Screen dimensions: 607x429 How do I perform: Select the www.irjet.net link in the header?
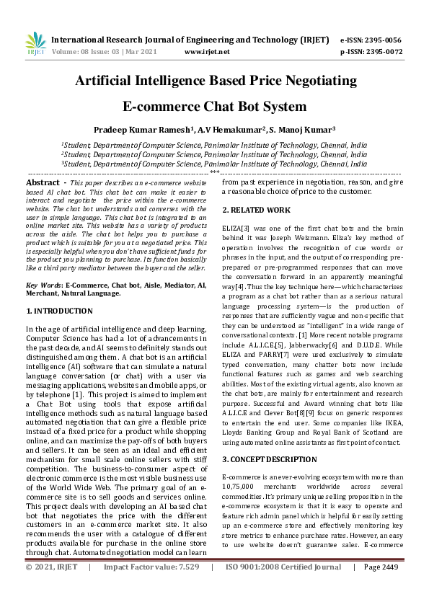(x=207, y=52)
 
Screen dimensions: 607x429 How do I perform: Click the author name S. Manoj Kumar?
(x=302, y=130)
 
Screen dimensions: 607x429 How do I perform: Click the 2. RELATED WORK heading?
(x=257, y=210)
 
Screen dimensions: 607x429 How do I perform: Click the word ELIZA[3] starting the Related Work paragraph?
(x=235, y=228)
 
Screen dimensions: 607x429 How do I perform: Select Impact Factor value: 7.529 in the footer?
(x=157, y=588)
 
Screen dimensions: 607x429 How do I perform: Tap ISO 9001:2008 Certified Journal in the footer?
(x=283, y=588)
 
